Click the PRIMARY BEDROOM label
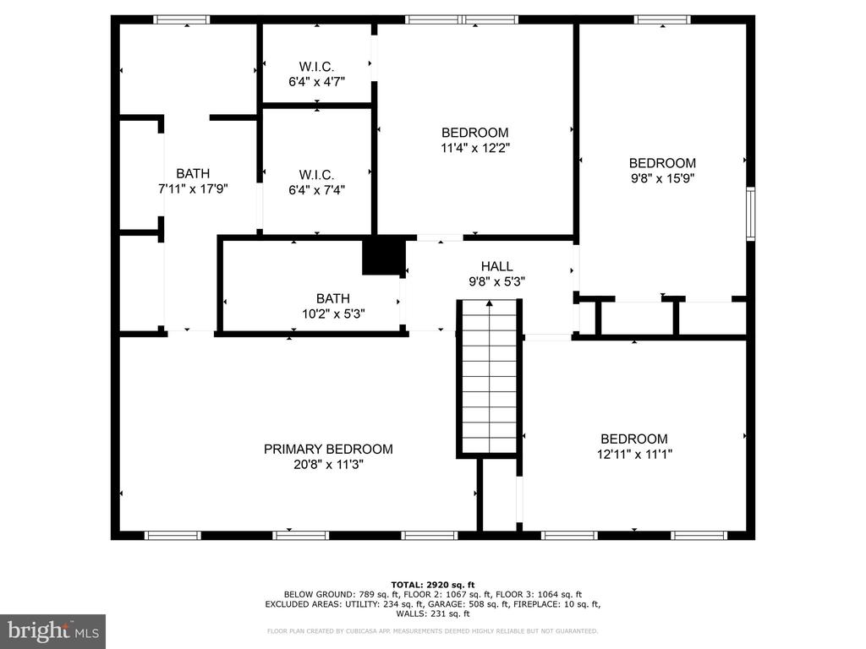pyautogui.click(x=328, y=450)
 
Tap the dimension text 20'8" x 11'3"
pyautogui.click(x=328, y=465)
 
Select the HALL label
pyautogui.click(x=496, y=266)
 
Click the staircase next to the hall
pyautogui.click(x=490, y=378)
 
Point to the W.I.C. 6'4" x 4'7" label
pyautogui.click(x=316, y=74)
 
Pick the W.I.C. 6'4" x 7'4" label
pyautogui.click(x=316, y=183)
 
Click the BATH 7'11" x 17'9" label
pyautogui.click(x=193, y=181)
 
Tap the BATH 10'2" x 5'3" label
pyautogui.click(x=333, y=306)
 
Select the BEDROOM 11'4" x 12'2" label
pyautogui.click(x=475, y=140)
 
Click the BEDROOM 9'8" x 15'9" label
pyautogui.click(x=662, y=171)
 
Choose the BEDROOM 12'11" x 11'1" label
pyautogui.click(x=634, y=446)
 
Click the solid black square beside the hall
pyautogui.click(x=384, y=256)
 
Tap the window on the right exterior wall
pyautogui.click(x=751, y=214)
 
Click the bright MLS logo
pyautogui.click(x=52, y=631)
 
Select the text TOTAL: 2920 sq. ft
pyautogui.click(x=432, y=585)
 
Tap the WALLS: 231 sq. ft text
pyautogui.click(x=432, y=614)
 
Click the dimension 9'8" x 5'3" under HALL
pyautogui.click(x=496, y=281)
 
